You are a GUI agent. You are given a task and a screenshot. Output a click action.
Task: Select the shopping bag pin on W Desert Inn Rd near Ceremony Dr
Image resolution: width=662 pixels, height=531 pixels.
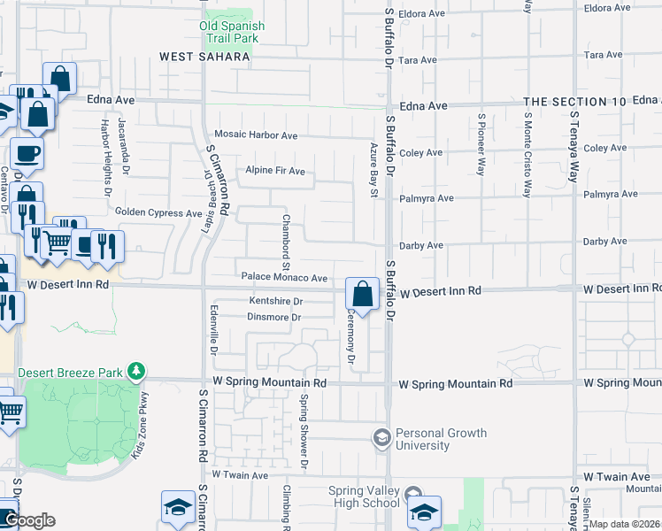(362, 293)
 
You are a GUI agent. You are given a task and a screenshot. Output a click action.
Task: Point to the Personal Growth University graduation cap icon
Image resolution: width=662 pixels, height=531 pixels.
(381, 437)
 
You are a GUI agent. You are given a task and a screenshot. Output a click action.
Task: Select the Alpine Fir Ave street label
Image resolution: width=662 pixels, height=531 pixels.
(275, 171)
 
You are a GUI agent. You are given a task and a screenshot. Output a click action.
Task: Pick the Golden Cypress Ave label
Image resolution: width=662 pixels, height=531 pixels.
(159, 213)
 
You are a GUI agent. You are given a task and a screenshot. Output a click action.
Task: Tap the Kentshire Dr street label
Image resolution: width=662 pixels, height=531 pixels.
(275, 302)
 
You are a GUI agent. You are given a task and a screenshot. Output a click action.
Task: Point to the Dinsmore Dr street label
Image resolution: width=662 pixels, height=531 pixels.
(274, 317)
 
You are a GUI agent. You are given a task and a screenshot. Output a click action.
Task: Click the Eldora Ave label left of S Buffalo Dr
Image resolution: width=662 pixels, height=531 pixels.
(421, 14)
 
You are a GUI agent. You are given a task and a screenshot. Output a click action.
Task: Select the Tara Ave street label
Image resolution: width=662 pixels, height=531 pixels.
(419, 60)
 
